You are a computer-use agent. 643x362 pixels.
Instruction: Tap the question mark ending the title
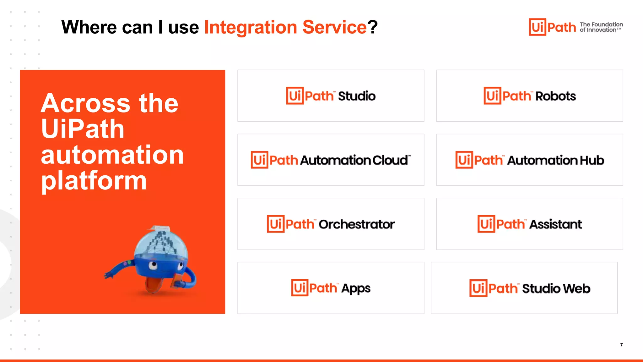[x=373, y=27]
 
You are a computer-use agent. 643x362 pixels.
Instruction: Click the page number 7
[x=621, y=345]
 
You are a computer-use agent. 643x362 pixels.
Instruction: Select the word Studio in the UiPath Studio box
[x=357, y=96]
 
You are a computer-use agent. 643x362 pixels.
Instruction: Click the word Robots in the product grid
[x=555, y=96]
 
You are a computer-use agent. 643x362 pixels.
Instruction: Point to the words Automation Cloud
[x=355, y=160]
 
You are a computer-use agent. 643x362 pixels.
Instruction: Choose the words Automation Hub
[x=555, y=160]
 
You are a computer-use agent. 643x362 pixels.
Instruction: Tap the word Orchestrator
[x=357, y=224]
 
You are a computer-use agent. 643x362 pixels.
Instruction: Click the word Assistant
[x=555, y=224]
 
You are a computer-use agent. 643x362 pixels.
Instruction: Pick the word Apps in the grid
[x=356, y=288]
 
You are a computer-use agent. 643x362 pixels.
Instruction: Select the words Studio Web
[x=556, y=288]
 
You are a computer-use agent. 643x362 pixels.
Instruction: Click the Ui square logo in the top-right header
[x=537, y=27]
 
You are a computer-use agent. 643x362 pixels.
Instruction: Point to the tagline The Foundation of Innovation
[x=601, y=27]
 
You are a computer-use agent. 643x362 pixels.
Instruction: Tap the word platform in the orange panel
[x=94, y=181]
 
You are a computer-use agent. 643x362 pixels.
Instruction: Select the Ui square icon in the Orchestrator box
[x=275, y=224]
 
